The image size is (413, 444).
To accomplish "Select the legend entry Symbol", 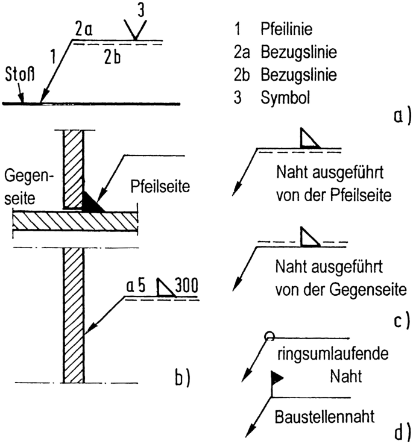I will [286, 98].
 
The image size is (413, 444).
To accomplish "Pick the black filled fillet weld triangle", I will [93, 202].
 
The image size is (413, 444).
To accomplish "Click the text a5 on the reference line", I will [136, 286].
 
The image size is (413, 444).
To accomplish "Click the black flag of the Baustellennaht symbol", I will [277, 378].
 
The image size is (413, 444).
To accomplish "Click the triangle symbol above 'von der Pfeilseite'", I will [310, 139].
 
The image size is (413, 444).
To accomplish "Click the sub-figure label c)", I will [400, 319].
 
